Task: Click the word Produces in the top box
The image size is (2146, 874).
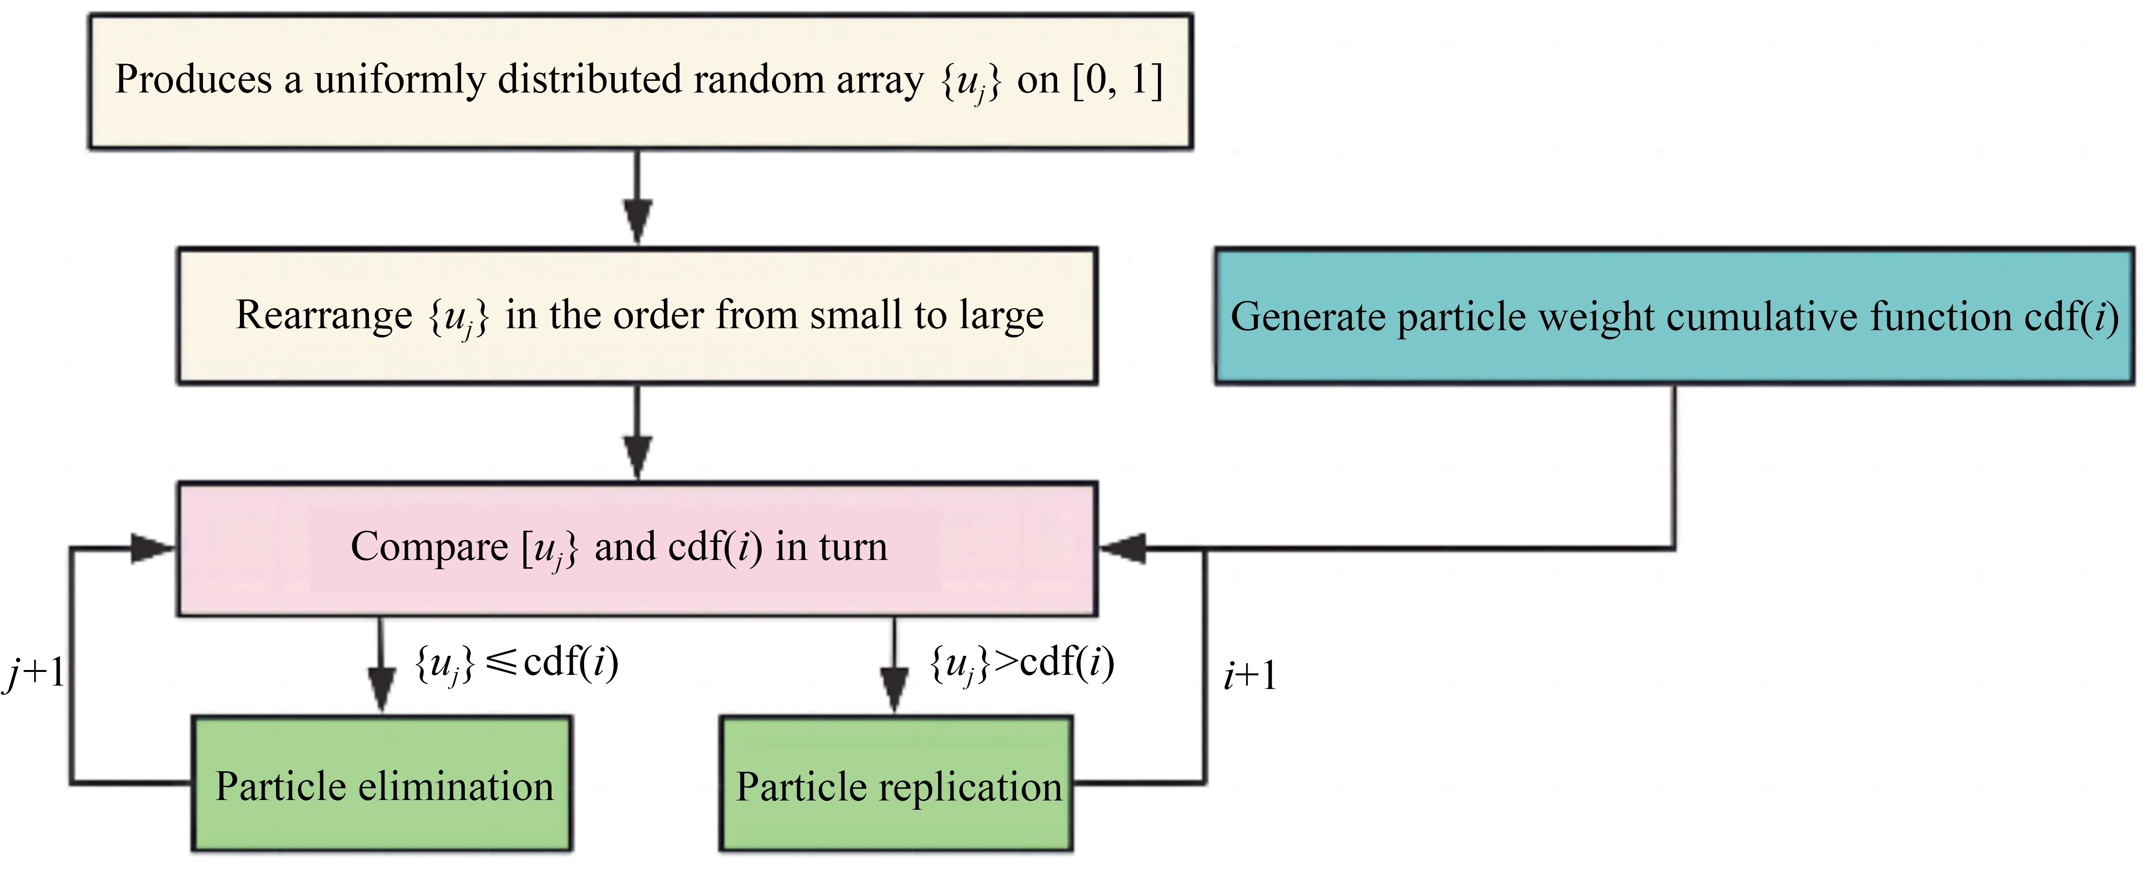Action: click(x=193, y=80)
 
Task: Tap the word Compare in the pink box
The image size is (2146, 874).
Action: click(x=429, y=547)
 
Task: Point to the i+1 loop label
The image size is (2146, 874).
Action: click(x=1249, y=675)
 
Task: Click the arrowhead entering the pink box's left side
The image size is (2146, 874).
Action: click(x=152, y=548)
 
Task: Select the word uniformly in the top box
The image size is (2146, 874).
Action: click(x=400, y=80)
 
